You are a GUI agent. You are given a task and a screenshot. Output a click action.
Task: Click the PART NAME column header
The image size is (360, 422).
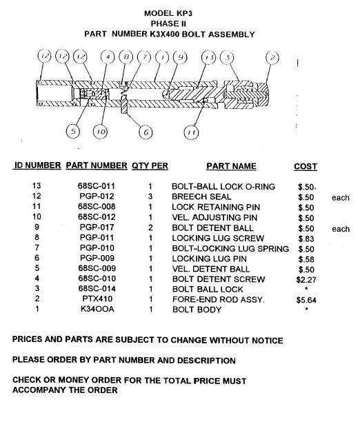pyautogui.click(x=231, y=166)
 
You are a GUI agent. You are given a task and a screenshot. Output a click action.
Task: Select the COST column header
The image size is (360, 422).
pyautogui.click(x=306, y=166)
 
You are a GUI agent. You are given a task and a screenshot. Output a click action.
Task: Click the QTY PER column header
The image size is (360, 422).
pyautogui.click(x=150, y=165)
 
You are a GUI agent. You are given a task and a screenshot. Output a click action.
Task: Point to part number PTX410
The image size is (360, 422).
pyautogui.click(x=97, y=299)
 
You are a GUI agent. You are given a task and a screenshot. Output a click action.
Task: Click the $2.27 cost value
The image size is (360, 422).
pyautogui.click(x=306, y=280)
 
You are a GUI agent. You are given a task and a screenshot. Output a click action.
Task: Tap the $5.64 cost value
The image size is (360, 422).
pyautogui.click(x=306, y=300)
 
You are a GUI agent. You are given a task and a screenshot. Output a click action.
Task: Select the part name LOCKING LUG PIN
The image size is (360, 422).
pyautogui.click(x=209, y=259)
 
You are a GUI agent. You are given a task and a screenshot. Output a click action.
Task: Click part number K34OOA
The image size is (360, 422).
pyautogui.click(x=97, y=309)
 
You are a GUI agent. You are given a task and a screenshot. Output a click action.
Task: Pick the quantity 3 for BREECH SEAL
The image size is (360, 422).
pyautogui.click(x=150, y=197)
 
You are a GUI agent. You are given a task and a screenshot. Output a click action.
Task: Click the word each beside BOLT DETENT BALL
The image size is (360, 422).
pyautogui.click(x=341, y=229)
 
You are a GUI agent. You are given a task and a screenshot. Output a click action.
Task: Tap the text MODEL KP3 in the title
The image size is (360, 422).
pyautogui.click(x=168, y=13)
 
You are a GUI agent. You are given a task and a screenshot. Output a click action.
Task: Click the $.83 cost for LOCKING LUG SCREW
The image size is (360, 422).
pyautogui.click(x=306, y=239)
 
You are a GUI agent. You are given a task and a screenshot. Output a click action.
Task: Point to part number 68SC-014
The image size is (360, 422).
pyautogui.click(x=97, y=288)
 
